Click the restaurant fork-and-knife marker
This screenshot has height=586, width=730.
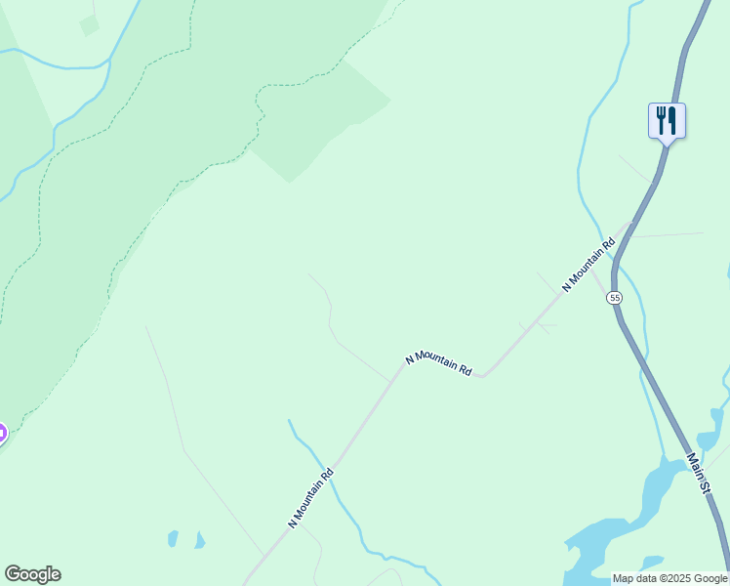pos(667,121)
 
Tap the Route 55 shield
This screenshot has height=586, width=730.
pos(614,297)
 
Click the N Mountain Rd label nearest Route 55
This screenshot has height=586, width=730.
pos(589,265)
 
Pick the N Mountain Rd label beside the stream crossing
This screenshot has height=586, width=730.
pos(311,498)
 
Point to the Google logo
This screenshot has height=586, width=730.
pos(32,574)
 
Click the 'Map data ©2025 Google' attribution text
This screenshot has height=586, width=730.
pos(670,578)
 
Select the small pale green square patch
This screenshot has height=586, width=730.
pos(89,25)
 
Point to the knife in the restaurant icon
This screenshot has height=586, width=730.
pos(672,120)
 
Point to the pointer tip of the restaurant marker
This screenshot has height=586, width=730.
pos(667,145)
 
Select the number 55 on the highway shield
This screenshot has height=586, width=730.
pos(614,297)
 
